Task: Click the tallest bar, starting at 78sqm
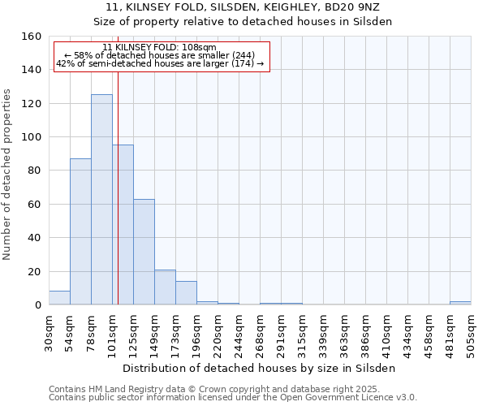tap(101, 200)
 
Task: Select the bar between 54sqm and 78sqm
tap(80, 231)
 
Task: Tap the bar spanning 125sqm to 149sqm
tap(144, 252)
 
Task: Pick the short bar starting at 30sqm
tap(59, 298)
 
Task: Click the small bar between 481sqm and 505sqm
tap(460, 303)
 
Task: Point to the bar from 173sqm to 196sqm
tap(186, 293)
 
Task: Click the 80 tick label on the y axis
tap(35, 171)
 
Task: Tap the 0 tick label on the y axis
tap(38, 304)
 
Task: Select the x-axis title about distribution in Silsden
tap(260, 368)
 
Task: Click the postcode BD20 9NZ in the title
tap(369, 7)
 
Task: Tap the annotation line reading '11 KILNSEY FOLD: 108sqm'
tap(160, 47)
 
